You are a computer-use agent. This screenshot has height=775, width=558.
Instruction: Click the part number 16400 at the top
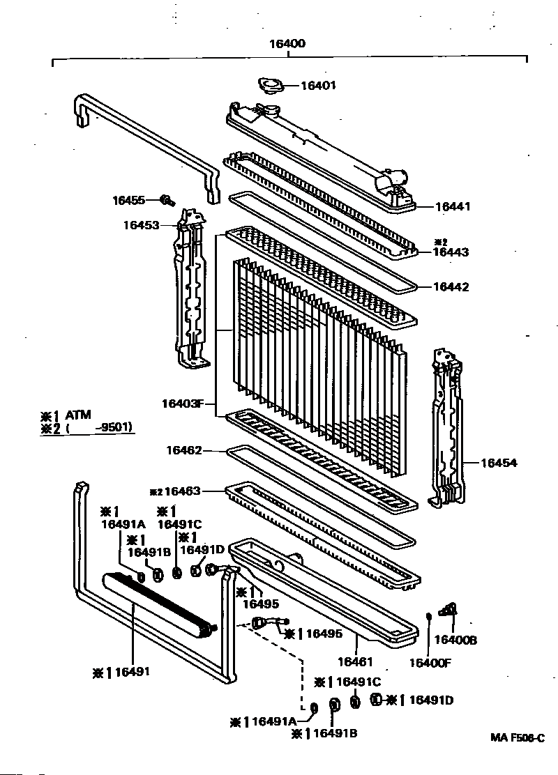point(287,43)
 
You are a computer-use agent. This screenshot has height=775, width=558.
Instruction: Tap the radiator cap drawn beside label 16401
point(269,86)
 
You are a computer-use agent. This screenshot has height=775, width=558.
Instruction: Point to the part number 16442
point(451,286)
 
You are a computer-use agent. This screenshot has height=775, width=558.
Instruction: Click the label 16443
point(451,253)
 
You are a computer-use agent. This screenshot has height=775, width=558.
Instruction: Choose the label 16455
point(129,201)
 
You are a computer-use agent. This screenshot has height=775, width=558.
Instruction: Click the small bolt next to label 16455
point(167,201)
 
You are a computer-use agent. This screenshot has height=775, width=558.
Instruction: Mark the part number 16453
point(142,225)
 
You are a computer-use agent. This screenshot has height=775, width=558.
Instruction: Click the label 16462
point(184,451)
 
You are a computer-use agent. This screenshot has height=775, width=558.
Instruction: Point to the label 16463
point(182,491)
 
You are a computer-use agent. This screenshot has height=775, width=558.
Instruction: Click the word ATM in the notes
point(78,415)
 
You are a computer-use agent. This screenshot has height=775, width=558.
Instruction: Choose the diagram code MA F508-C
point(515,738)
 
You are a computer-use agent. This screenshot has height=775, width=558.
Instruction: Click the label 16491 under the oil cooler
point(133,672)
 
